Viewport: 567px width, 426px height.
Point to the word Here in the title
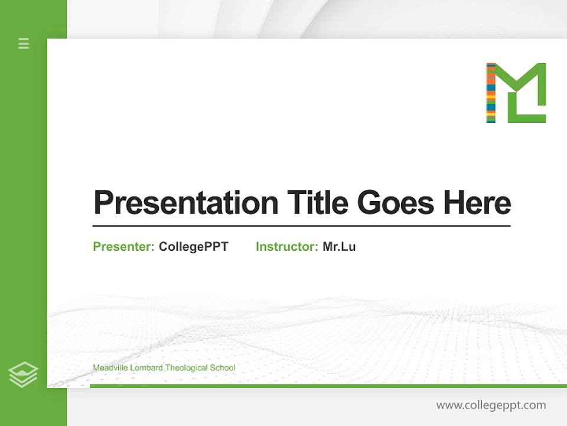pos(477,203)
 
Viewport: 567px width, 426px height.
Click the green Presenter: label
pos(124,247)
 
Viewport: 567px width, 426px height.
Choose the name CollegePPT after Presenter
pos(194,247)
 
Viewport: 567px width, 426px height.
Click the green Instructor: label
pos(287,247)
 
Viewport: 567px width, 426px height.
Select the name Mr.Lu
pos(339,247)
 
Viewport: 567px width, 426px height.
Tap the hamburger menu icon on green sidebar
pos(24,43)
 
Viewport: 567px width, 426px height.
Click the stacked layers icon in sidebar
pos(23,375)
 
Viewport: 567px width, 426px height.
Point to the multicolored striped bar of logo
pos(491,93)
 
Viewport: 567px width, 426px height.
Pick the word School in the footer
pos(223,368)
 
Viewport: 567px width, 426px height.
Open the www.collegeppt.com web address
pos(491,405)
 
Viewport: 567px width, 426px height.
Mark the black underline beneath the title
pos(301,226)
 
